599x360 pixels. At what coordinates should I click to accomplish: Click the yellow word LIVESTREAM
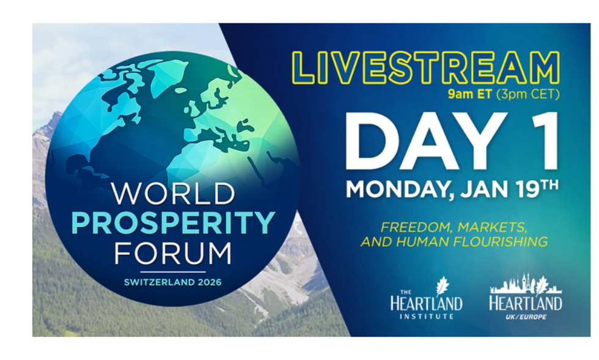(x=426, y=68)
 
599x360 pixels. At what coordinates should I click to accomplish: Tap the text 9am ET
(x=469, y=94)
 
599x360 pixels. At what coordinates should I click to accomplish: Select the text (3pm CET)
(x=528, y=94)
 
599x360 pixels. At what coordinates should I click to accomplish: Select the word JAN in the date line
(x=485, y=189)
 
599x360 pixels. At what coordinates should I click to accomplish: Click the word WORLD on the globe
(x=173, y=194)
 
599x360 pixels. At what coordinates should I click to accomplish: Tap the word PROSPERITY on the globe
(x=173, y=222)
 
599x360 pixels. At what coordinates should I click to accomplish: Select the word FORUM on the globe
(x=173, y=254)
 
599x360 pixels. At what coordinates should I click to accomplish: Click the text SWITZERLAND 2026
(x=172, y=282)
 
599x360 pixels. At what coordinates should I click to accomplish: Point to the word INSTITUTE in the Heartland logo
(x=427, y=317)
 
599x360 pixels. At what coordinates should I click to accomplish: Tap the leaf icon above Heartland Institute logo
(x=443, y=286)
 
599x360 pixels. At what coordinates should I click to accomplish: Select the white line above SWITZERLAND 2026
(x=172, y=272)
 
